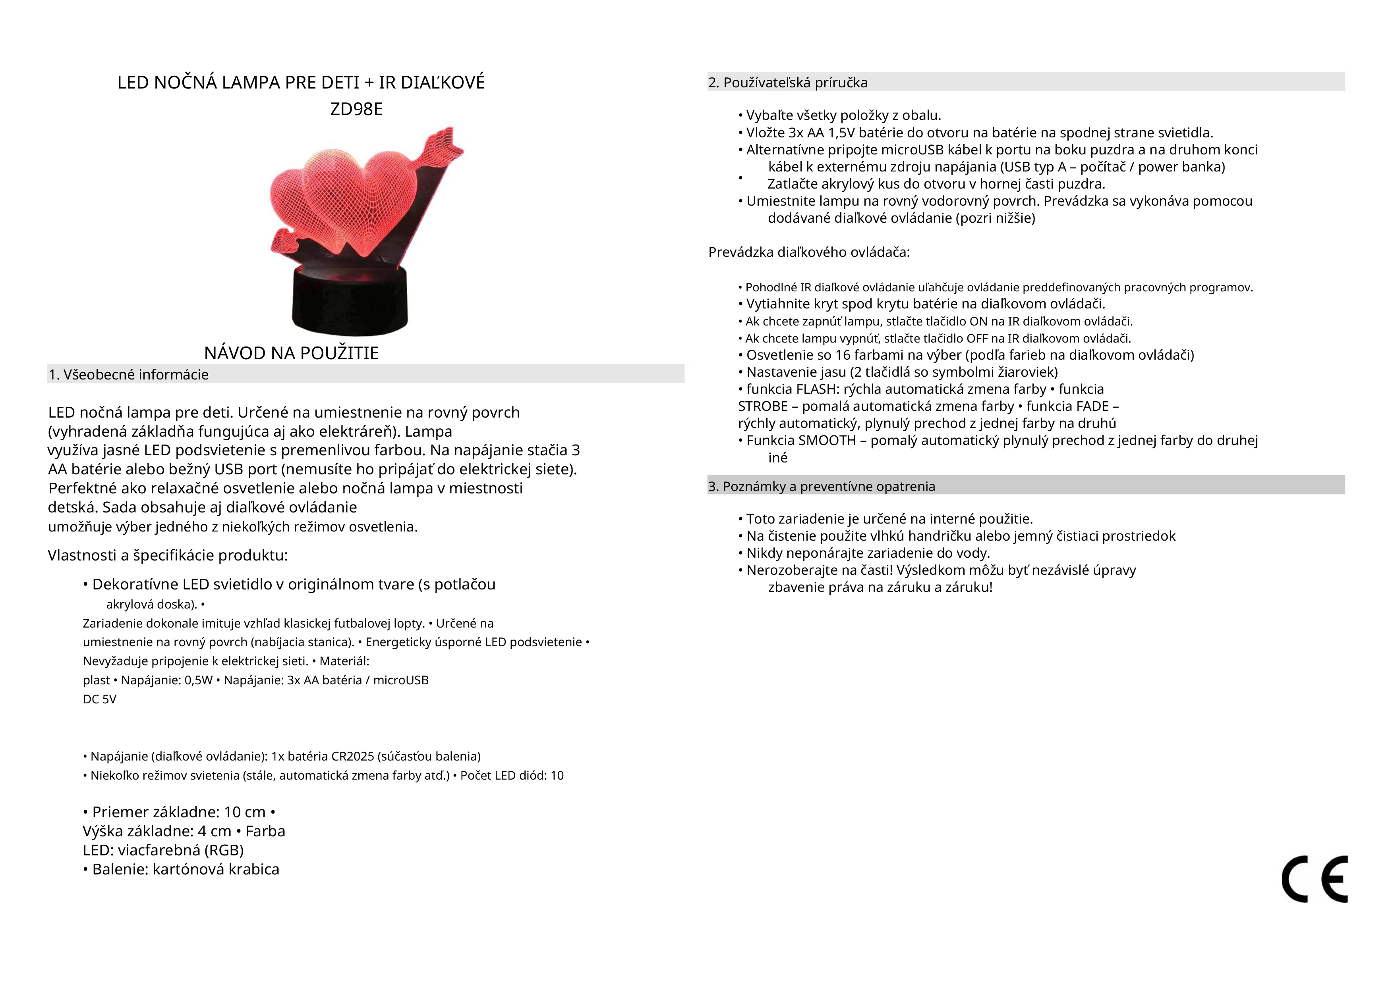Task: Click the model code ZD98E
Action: point(356,109)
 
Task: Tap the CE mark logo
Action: point(1315,879)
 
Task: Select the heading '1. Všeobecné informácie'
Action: point(129,374)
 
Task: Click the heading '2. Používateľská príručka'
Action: point(787,83)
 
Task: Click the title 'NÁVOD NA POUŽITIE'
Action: point(291,352)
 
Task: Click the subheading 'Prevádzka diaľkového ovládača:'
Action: point(809,252)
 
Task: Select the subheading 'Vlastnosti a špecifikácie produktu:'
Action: point(167,555)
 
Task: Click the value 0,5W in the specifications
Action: point(198,680)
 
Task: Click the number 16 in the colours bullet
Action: point(843,355)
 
